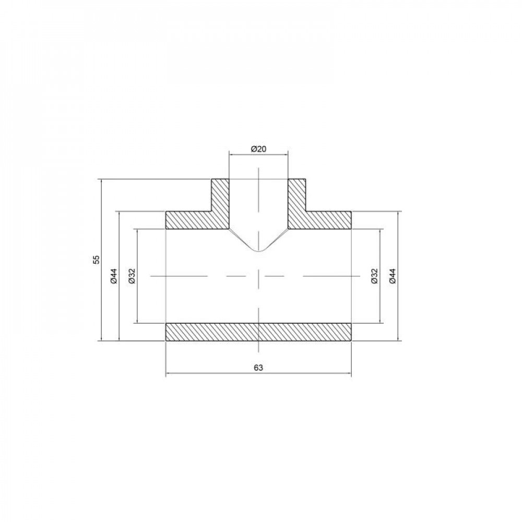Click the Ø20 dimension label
pyautogui.click(x=258, y=149)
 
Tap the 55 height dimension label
pyautogui.click(x=96, y=260)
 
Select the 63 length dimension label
pyautogui.click(x=258, y=367)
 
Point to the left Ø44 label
pyautogui.click(x=114, y=276)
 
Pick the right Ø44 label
pyautogui.click(x=393, y=276)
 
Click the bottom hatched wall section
pyautogui.click(x=258, y=333)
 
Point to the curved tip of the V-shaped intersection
pyautogui.click(x=258, y=251)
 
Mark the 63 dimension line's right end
pyautogui.click(x=351, y=374)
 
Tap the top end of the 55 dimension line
pyautogui.click(x=100, y=180)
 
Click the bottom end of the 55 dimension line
pyautogui.click(x=100, y=341)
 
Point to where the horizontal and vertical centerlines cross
pyautogui.click(x=258, y=275)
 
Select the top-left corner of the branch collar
pyautogui.click(x=211, y=180)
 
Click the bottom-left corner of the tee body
pyautogui.click(x=165, y=341)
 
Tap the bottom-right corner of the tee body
pyautogui.click(x=351, y=341)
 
